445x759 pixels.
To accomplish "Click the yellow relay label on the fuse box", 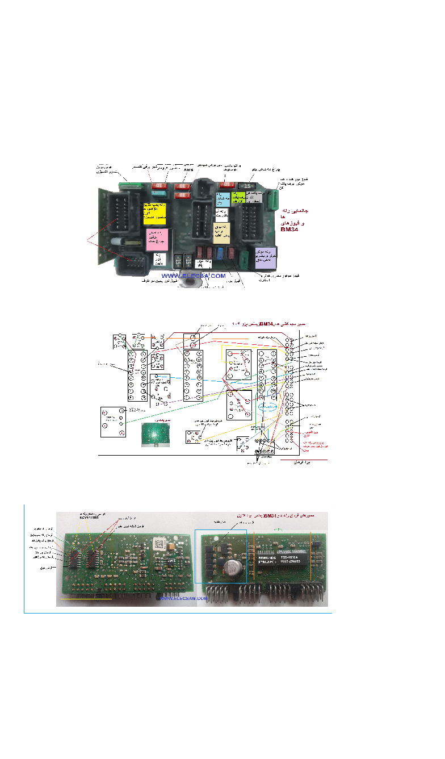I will (154, 212).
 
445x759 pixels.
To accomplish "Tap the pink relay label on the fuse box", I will (157, 240).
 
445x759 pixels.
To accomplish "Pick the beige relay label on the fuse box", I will (221, 232).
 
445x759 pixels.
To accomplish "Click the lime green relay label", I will (238, 197).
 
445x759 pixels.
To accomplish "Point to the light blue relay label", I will (222, 199).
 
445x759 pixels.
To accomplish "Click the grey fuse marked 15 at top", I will (247, 185).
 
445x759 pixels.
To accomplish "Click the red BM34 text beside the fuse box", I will (289, 230).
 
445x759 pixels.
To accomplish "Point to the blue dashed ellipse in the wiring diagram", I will (268, 408).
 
